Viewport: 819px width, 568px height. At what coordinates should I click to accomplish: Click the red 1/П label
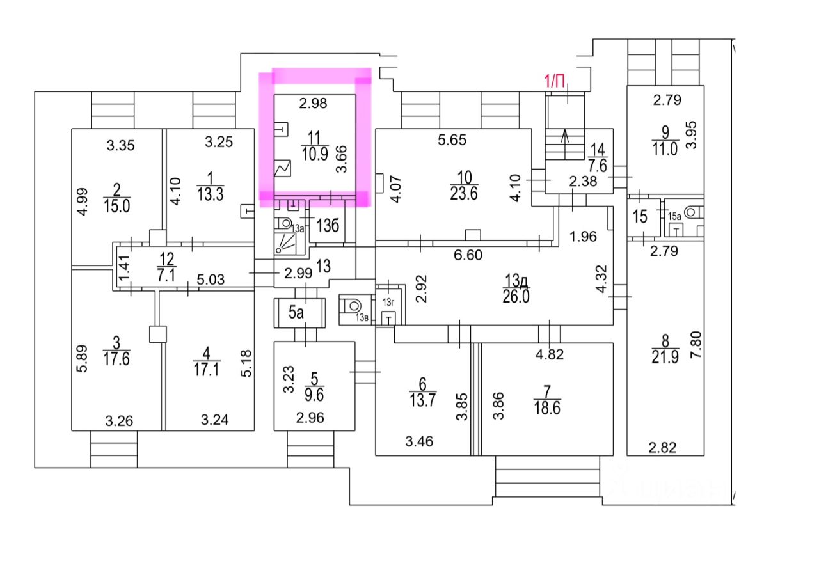point(554,81)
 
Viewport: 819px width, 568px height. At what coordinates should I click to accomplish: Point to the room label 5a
point(296,313)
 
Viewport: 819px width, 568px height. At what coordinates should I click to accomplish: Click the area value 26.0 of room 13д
point(516,297)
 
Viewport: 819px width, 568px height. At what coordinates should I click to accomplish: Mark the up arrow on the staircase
point(565,135)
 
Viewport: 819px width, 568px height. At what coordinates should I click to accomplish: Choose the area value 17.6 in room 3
point(116,359)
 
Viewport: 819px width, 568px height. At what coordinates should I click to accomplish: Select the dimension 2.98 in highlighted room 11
point(314,104)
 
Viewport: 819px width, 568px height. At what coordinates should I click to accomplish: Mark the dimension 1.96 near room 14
point(583,237)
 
